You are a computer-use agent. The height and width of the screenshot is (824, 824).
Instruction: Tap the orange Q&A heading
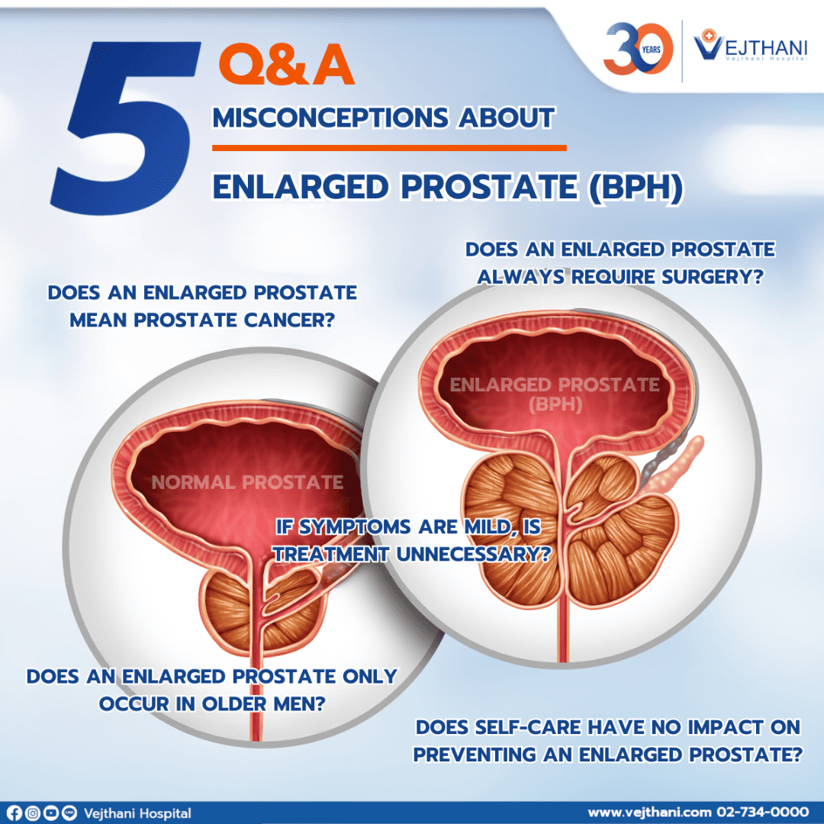pos(287,65)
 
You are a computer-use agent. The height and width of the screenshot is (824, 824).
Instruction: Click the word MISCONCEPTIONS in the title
pos(330,117)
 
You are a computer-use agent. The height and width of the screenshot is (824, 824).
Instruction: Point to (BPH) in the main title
pos(636,188)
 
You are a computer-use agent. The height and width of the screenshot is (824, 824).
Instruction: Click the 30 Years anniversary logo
pos(638,48)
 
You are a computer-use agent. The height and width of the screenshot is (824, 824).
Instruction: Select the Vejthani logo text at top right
pos(751,47)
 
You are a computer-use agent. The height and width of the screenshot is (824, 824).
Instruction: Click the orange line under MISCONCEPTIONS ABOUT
pos(389,148)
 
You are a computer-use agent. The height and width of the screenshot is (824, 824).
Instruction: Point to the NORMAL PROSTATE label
pos(247,482)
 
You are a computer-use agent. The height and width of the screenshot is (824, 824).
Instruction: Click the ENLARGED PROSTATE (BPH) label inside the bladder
pos(555,394)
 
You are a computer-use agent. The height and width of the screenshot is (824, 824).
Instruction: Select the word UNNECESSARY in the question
pos(474,554)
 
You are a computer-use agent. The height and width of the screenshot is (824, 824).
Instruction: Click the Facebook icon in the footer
pos(14,813)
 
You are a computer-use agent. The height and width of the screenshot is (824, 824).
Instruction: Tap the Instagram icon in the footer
pos(33,813)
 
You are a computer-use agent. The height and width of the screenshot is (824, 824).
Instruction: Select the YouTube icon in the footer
pos(51,813)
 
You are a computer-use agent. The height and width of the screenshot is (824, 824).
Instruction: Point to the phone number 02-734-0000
pos(762,813)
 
